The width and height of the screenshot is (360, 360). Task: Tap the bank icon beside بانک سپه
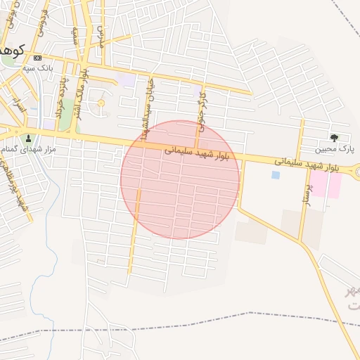pyautogui.click(x=37, y=58)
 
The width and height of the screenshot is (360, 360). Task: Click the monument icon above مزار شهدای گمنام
pyautogui.click(x=29, y=138)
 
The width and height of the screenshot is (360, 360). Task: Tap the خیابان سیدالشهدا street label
pyautogui.click(x=146, y=117)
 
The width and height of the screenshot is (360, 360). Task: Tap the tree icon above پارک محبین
pyautogui.click(x=333, y=138)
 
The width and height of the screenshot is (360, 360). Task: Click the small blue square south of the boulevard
pyautogui.click(x=275, y=175)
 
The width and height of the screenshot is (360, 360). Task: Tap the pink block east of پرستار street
pyautogui.click(x=326, y=183)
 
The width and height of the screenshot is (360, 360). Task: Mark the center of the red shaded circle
pyautogui.click(x=180, y=179)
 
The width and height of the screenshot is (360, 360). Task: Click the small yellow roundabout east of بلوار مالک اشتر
pyautogui.click(x=100, y=103)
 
